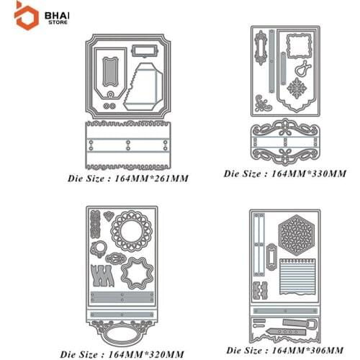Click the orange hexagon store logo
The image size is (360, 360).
click(27, 17)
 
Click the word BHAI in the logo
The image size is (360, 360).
click(57, 16)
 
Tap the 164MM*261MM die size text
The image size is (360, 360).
click(152, 179)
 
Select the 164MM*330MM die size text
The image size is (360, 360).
click(309, 174)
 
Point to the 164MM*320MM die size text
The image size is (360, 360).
click(146, 354)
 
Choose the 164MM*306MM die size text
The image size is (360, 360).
click(307, 350)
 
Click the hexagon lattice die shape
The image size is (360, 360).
click(297, 235)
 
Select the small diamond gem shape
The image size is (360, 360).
click(109, 216)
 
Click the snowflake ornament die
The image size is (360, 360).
click(297, 88)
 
